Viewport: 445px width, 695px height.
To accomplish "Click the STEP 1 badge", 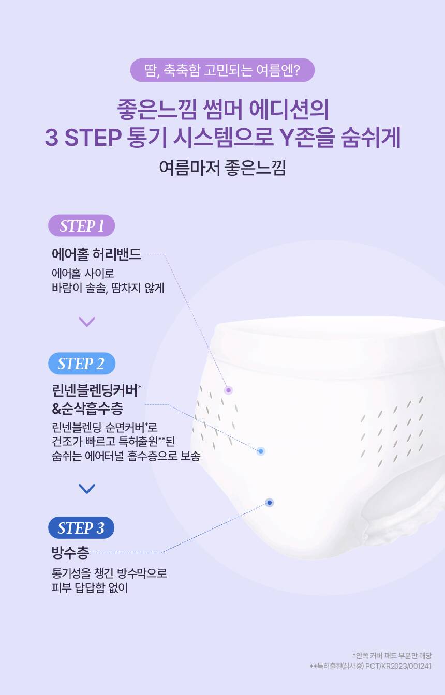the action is (x=81, y=225).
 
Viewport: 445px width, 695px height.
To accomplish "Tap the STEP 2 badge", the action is (x=82, y=364).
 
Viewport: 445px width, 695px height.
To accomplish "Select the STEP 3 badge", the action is (x=81, y=528).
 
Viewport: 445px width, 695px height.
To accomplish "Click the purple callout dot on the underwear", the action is (x=228, y=390).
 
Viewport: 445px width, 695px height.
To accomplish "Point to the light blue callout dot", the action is (x=261, y=451).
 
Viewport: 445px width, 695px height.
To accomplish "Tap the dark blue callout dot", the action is (x=270, y=503).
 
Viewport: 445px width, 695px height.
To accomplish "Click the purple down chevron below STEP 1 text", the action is (x=87, y=322).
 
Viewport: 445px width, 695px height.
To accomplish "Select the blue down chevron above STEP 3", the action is (x=87, y=489).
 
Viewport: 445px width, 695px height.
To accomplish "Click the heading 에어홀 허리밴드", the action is (x=96, y=254).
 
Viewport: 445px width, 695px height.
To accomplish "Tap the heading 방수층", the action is (x=70, y=553).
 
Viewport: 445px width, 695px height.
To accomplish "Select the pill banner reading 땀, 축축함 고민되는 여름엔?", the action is (x=222, y=70).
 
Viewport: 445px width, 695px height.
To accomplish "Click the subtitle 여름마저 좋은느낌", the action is (x=222, y=168).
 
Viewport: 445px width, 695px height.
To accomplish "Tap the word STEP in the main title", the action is (x=93, y=138).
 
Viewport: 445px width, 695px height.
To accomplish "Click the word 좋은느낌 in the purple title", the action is (x=157, y=109).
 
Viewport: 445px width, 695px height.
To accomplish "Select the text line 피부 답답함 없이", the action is (x=90, y=588).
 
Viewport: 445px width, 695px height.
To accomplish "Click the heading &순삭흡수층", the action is (x=87, y=409).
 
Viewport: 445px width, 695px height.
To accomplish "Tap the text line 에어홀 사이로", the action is (x=83, y=274).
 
